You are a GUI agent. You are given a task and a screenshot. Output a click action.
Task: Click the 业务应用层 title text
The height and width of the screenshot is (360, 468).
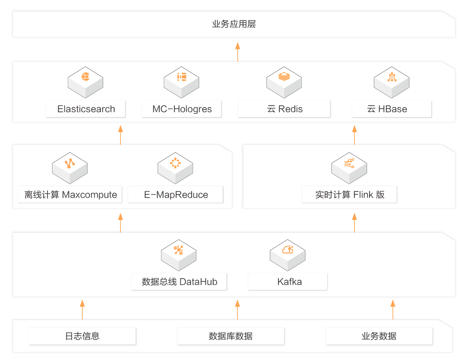click(234, 24)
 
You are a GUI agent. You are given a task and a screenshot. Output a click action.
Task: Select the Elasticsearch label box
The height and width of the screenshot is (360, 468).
click(86, 109)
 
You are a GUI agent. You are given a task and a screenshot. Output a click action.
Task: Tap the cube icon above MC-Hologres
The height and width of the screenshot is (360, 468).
click(181, 82)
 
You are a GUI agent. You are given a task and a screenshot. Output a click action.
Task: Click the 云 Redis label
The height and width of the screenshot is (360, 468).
click(284, 109)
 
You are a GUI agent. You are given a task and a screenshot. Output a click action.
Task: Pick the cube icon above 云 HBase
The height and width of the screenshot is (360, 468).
click(392, 82)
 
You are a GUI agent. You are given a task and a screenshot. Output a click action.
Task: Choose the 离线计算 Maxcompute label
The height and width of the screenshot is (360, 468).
click(70, 194)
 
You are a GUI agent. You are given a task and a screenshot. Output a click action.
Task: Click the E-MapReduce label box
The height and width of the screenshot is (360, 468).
click(175, 194)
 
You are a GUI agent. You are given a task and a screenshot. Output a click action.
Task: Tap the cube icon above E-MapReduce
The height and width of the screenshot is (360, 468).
click(175, 168)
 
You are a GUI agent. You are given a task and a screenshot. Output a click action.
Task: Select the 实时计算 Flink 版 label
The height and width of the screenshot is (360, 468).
click(349, 194)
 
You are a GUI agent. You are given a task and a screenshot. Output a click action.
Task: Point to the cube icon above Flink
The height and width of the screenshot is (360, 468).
click(349, 168)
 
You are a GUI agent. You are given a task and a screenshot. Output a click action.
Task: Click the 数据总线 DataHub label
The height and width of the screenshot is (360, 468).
click(179, 282)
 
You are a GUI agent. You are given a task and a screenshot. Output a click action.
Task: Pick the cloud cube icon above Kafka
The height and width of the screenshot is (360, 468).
click(288, 255)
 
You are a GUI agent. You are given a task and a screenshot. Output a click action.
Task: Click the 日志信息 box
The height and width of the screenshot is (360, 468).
click(83, 336)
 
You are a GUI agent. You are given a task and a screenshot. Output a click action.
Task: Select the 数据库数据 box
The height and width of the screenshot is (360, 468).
click(231, 336)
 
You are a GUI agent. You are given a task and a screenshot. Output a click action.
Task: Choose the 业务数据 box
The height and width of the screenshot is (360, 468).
click(379, 336)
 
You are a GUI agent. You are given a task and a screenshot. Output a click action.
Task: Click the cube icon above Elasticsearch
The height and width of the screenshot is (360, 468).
click(85, 82)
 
